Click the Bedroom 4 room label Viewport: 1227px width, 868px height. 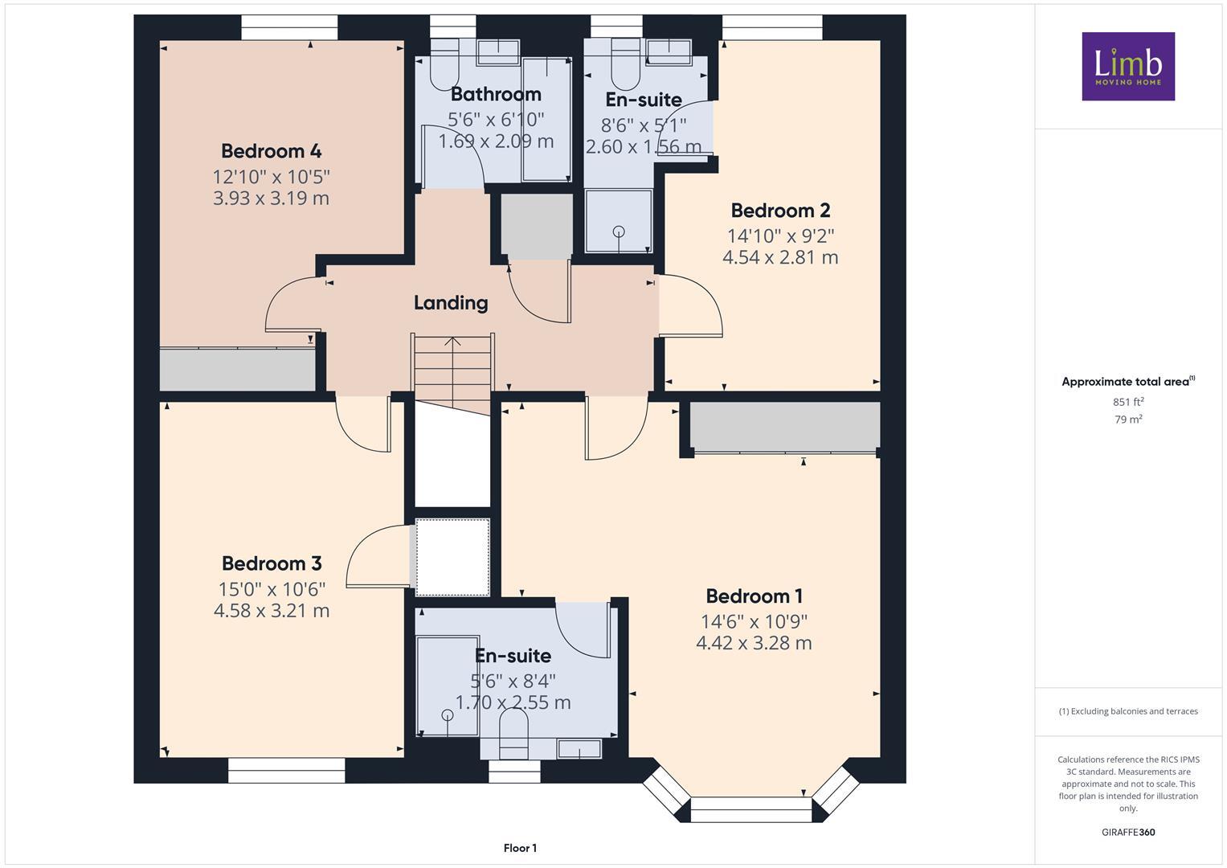click(x=271, y=151)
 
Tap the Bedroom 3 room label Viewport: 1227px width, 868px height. click(x=272, y=563)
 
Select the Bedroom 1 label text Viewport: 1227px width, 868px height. click(x=755, y=596)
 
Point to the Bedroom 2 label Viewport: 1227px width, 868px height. click(x=780, y=211)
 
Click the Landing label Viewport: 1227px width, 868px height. click(x=451, y=303)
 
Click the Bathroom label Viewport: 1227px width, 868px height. click(x=496, y=94)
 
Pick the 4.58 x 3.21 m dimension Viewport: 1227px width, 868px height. click(x=272, y=611)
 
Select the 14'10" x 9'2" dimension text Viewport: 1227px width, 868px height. click(x=780, y=235)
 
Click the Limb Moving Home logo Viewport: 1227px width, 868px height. click(x=1128, y=66)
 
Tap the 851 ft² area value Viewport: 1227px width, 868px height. click(x=1128, y=402)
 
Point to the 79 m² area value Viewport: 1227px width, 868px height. click(x=1128, y=420)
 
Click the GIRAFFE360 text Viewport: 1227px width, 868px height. click(x=1128, y=832)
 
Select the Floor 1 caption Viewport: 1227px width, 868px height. click(x=521, y=848)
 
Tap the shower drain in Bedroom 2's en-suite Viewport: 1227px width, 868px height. click(x=619, y=231)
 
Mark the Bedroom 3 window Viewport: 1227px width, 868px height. click(x=287, y=770)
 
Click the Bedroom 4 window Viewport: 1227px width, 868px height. click(x=289, y=27)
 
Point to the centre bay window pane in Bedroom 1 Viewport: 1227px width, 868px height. click(x=751, y=810)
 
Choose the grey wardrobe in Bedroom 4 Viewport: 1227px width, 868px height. click(x=237, y=370)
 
